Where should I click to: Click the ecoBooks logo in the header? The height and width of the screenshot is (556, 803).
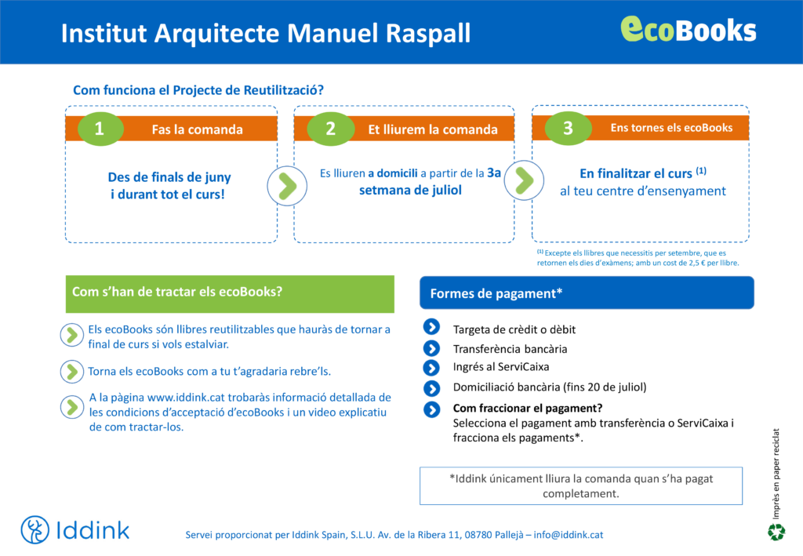(x=689, y=29)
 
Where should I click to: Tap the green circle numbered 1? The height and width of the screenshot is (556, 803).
(x=100, y=129)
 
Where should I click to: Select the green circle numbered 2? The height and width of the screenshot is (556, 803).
(x=331, y=129)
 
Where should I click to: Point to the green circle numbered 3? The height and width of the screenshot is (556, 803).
(x=568, y=128)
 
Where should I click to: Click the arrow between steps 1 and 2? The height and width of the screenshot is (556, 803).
(x=287, y=186)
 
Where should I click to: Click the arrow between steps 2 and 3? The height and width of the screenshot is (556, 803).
(x=524, y=180)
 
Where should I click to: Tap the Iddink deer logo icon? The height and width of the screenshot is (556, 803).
(x=35, y=529)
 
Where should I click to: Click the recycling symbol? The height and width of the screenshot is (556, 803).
(x=776, y=532)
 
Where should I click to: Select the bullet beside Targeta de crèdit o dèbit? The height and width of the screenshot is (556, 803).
(x=432, y=327)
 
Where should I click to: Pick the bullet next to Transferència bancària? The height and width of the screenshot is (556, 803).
(x=432, y=348)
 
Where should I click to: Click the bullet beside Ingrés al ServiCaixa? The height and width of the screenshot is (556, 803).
(x=432, y=368)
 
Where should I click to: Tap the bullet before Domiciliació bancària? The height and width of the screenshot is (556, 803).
(x=432, y=389)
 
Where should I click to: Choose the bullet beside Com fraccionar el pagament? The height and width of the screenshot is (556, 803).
(x=432, y=409)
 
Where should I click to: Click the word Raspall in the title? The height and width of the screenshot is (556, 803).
(x=428, y=34)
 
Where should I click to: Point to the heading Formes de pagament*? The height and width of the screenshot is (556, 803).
(x=496, y=293)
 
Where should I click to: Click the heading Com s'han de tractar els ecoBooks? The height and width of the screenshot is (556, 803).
(x=177, y=292)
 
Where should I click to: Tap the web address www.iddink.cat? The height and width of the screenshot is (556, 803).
(x=187, y=398)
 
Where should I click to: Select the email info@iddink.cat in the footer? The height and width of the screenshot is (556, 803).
(x=569, y=535)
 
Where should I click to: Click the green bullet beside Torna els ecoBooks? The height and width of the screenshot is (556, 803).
(x=71, y=372)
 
